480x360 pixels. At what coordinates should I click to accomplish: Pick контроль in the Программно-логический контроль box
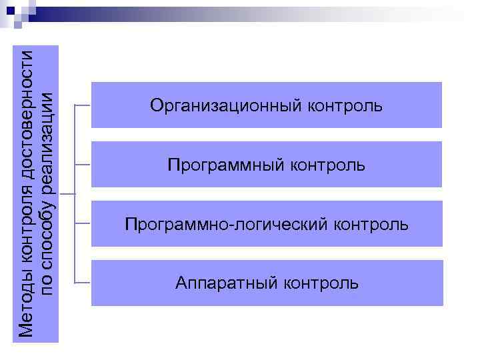click(371, 224)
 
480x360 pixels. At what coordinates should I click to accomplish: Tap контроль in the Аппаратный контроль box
click(321, 283)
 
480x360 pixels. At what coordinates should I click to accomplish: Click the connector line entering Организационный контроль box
click(83, 105)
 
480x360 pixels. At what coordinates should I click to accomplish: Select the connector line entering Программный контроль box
click(83, 165)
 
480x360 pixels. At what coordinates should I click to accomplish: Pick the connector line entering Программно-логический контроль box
click(83, 224)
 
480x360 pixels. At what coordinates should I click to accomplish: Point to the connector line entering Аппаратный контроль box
click(83, 283)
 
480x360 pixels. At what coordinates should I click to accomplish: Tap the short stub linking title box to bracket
click(67, 194)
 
